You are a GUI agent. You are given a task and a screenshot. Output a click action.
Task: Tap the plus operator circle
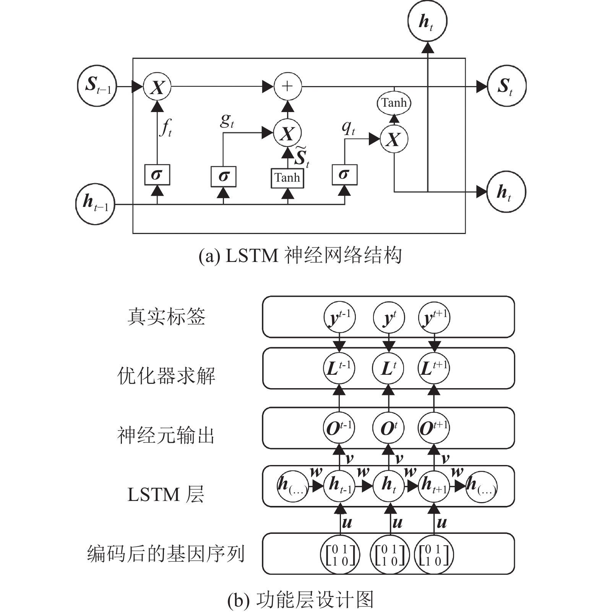(287, 86)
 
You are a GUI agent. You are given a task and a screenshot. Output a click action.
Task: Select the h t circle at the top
(427, 21)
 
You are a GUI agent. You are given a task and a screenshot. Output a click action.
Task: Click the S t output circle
(506, 86)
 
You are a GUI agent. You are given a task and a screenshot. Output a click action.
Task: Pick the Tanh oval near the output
(394, 103)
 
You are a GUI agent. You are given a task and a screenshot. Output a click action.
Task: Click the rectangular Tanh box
(287, 178)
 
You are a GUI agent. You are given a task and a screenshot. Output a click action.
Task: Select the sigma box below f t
(157, 175)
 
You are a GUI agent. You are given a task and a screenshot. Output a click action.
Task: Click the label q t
(348, 127)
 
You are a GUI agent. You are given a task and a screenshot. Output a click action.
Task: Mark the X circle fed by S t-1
(157, 87)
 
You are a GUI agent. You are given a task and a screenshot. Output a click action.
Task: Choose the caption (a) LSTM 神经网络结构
(300, 255)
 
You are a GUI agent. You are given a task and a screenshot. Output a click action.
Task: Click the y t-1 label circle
(339, 317)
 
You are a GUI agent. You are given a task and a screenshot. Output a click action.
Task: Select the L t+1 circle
(434, 369)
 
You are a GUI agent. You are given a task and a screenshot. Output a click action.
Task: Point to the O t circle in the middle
(388, 428)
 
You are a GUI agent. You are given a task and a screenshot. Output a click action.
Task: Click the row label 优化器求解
(166, 376)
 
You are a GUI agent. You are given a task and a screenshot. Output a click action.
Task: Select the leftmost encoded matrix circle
(339, 555)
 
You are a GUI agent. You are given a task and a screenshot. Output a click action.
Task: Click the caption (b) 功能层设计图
(300, 600)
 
